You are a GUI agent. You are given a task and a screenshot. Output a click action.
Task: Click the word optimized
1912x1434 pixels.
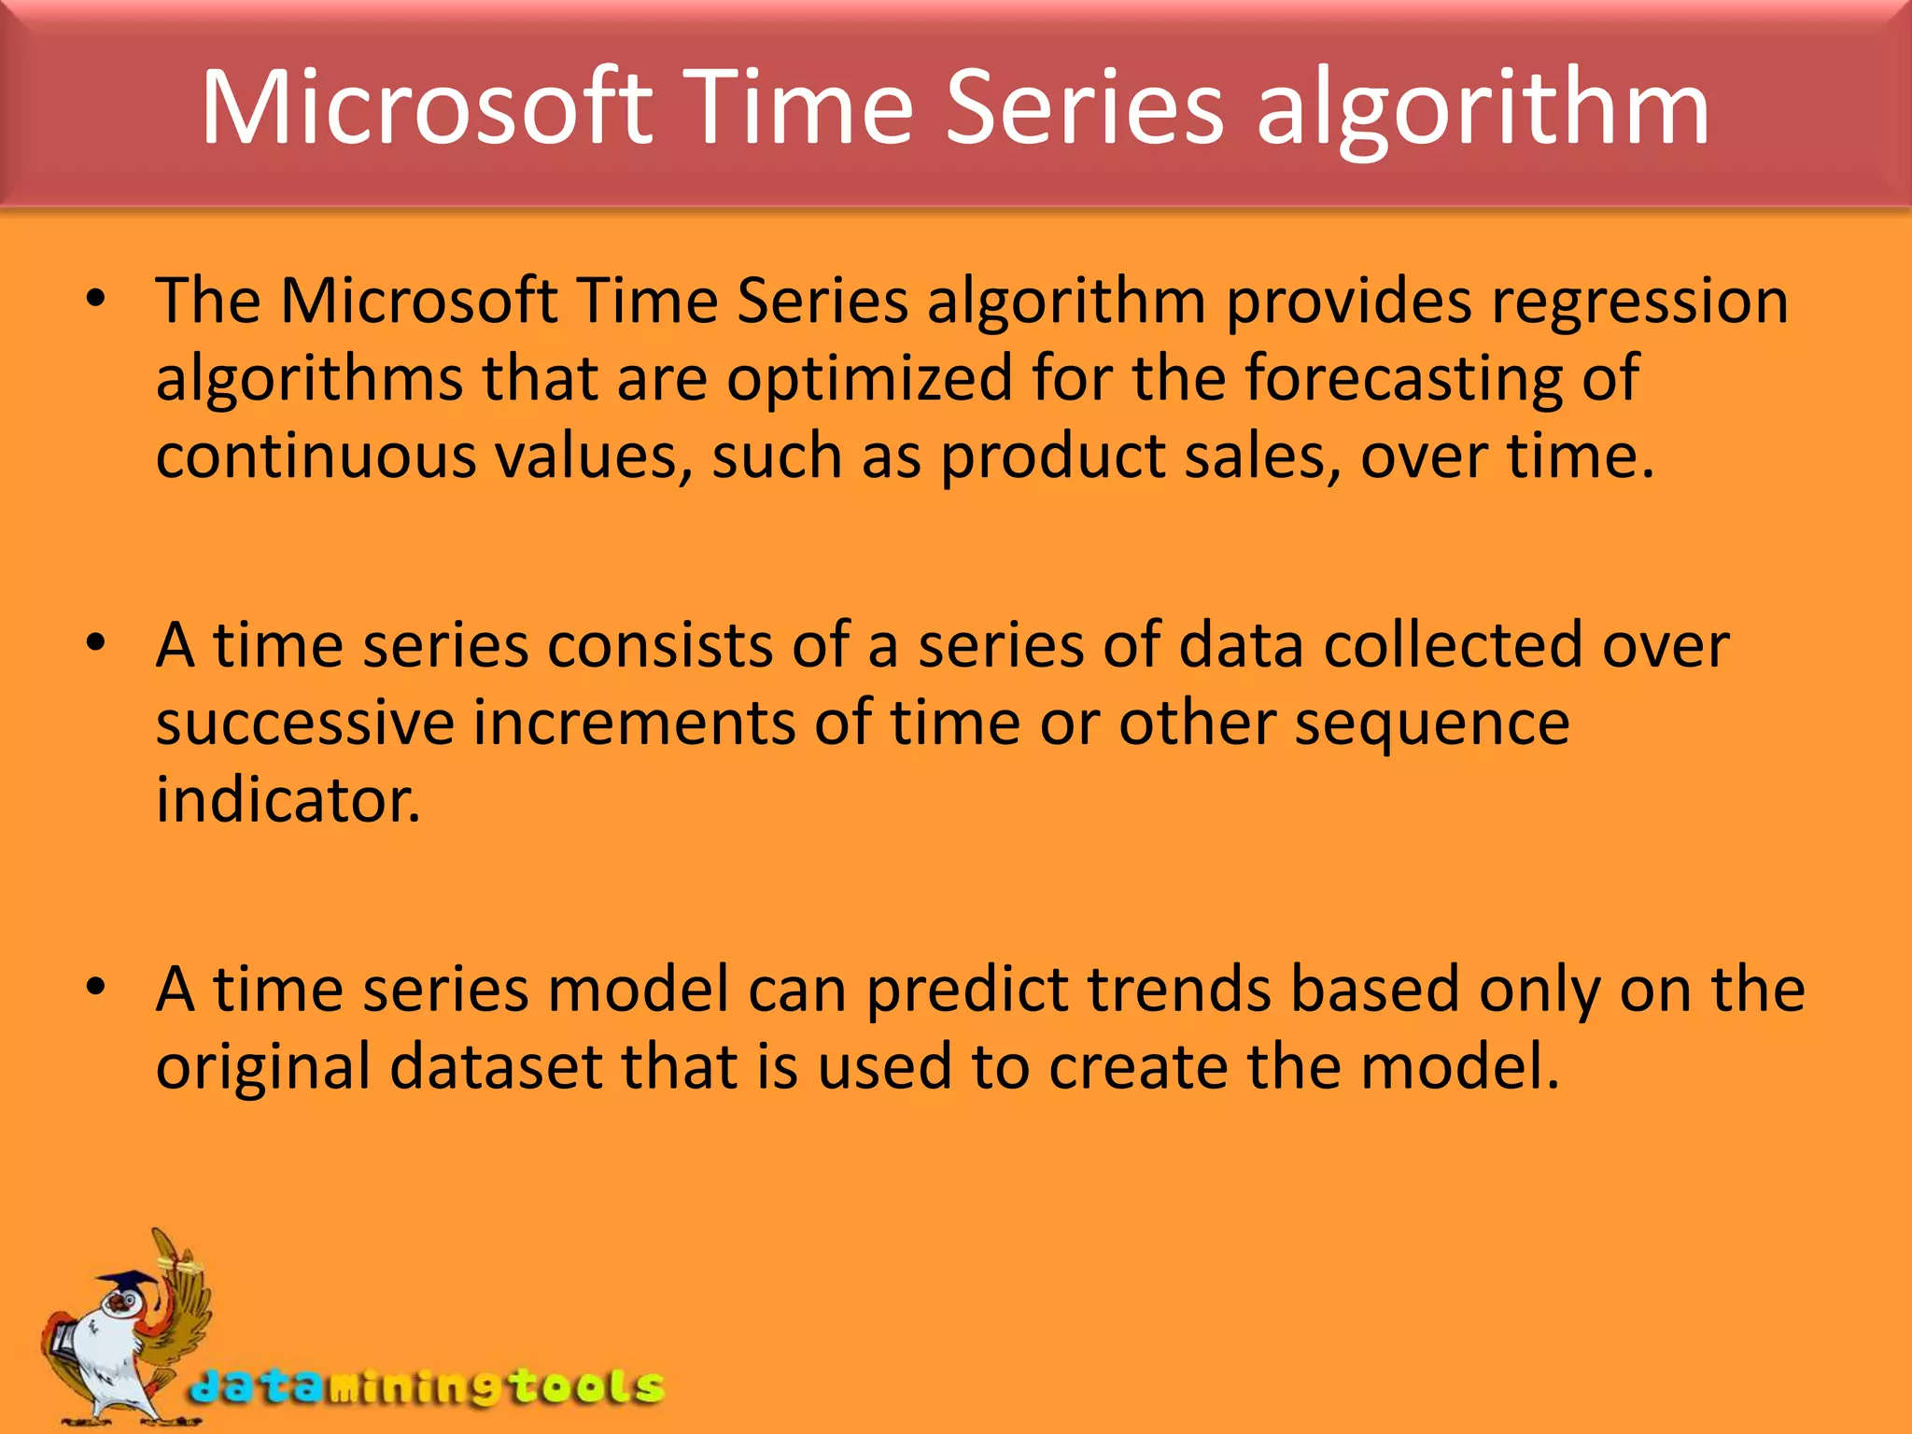[870, 379]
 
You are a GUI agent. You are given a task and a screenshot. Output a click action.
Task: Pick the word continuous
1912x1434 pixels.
[316, 457]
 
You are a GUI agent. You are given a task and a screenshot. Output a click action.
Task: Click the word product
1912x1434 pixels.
[1053, 458]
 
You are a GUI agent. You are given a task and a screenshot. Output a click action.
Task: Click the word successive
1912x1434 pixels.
[305, 724]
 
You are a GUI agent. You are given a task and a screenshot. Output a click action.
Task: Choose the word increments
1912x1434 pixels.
[634, 724]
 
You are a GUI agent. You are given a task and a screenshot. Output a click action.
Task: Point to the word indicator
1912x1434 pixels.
[288, 801]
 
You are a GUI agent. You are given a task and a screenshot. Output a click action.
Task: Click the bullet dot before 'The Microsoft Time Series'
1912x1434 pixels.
[95, 300]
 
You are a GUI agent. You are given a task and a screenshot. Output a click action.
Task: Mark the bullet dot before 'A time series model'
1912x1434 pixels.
[95, 987]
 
